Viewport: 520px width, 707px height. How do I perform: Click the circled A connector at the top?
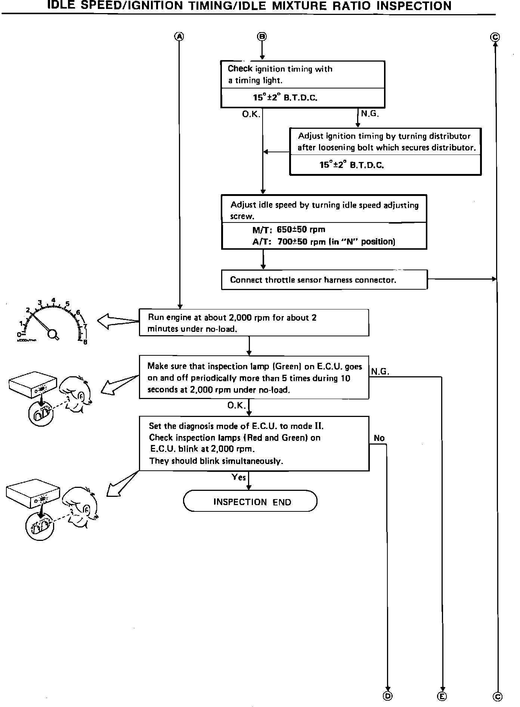pos(180,37)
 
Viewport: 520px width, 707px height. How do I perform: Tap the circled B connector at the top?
pos(262,37)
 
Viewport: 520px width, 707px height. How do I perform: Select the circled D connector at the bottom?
pos(388,696)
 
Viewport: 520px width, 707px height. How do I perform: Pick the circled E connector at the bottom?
pos(442,696)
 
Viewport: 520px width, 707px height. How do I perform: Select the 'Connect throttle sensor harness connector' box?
pos(324,280)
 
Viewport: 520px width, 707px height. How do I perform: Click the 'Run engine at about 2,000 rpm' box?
pos(254,323)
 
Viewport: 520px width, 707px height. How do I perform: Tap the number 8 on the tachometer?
pos(86,342)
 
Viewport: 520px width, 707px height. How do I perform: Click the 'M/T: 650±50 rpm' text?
pos(288,230)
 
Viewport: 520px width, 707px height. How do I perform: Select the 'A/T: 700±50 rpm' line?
pos(324,242)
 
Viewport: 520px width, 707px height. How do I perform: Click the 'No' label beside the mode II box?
pos(379,438)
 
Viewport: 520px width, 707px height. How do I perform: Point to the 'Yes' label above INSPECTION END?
pos(239,477)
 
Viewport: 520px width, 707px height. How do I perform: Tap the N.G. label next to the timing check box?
pos(370,113)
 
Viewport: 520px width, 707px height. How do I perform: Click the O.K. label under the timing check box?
pos(251,114)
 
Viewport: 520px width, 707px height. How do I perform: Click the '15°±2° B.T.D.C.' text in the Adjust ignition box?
pos(352,165)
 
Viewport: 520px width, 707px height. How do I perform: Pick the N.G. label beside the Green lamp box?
pos(380,371)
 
